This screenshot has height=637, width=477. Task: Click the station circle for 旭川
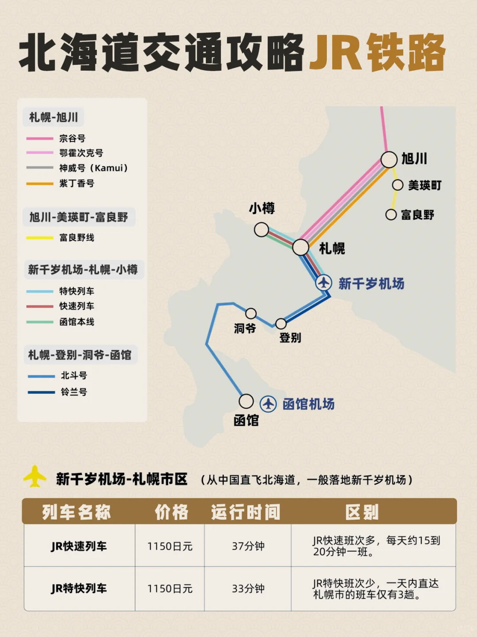click(x=389, y=159)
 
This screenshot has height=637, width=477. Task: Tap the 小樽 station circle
click(x=261, y=230)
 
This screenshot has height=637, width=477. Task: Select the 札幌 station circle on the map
click(x=301, y=247)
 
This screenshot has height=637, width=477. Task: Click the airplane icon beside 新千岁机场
click(x=324, y=283)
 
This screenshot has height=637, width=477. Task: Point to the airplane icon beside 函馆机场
click(x=268, y=403)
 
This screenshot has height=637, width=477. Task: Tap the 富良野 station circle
click(x=391, y=215)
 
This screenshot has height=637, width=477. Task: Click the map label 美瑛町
click(x=424, y=185)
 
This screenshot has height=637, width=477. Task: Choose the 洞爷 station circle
click(x=251, y=313)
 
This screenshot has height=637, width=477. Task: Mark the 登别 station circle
click(x=281, y=324)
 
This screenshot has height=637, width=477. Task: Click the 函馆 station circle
click(x=246, y=401)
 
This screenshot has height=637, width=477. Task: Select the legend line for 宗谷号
click(x=40, y=139)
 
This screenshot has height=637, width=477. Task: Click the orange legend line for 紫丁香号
click(x=40, y=184)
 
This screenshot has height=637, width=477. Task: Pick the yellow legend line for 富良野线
click(x=40, y=238)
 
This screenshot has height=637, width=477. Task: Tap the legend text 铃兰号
click(x=74, y=392)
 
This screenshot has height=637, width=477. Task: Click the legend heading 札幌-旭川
click(x=53, y=117)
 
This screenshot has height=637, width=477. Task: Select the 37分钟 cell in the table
click(x=248, y=546)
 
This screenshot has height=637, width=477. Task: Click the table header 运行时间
click(x=246, y=513)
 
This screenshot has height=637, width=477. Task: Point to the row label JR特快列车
click(x=79, y=588)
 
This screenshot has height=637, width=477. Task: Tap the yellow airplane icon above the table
click(x=35, y=476)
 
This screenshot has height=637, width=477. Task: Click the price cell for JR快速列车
click(x=170, y=546)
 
